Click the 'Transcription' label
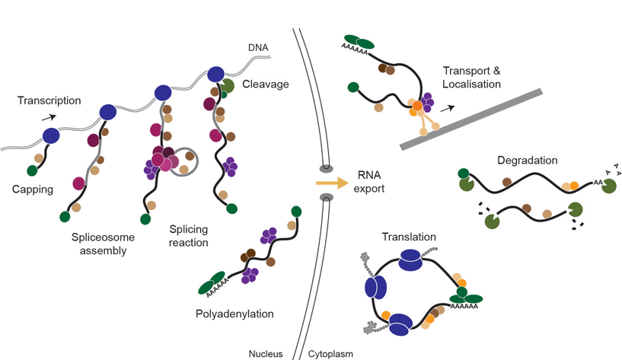click(49, 100)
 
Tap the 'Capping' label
click(32, 190)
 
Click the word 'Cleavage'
click(266, 84)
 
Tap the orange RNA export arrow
click(330, 183)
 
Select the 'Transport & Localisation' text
click(472, 78)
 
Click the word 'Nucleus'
click(265, 353)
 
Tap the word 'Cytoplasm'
click(330, 353)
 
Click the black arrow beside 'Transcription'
click(48, 116)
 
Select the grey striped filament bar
click(472, 118)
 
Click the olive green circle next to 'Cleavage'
click(226, 85)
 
